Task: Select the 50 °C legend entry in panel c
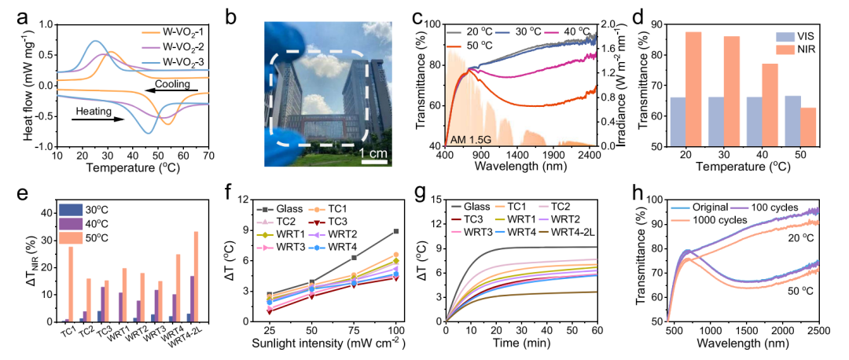[x=471, y=46]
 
